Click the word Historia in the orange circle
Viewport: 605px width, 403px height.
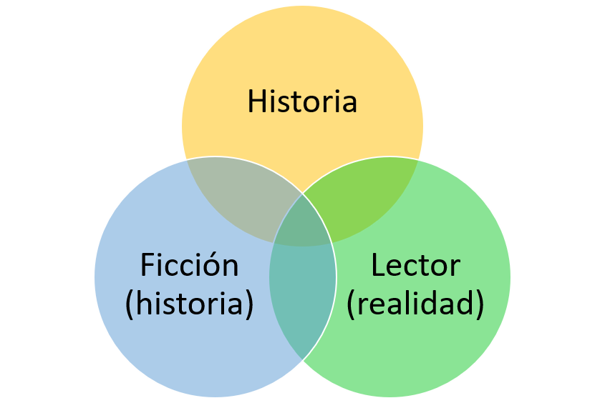[x=302, y=101]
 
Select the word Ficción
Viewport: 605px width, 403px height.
[x=189, y=265]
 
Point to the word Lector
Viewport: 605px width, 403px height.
[x=415, y=265]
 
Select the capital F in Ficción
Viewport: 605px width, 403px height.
[x=147, y=265]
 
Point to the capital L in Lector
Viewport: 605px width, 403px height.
[x=378, y=265]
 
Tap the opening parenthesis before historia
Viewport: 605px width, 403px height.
[x=130, y=304]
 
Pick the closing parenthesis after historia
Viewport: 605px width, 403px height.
[x=249, y=304]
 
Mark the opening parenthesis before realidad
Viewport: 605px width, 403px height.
[x=352, y=304]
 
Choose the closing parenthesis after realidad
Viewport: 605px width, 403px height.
[x=480, y=304]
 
